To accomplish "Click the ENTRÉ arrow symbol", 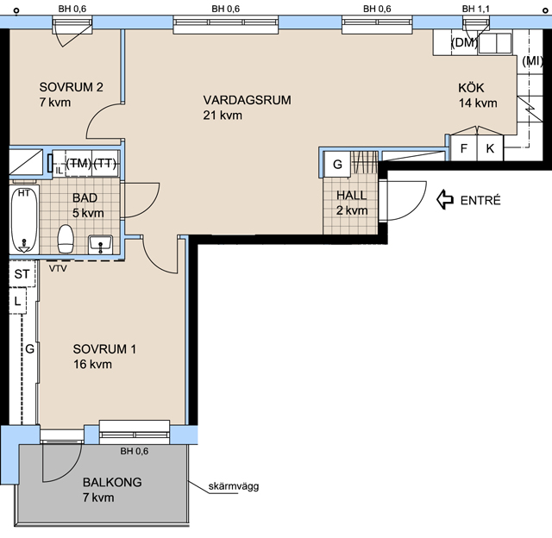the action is [445, 199].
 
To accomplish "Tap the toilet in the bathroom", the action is [66, 239].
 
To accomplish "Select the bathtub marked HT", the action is [24, 220].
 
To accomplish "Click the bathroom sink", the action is [101, 244].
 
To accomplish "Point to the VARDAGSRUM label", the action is [248, 100].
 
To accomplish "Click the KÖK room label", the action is [471, 87].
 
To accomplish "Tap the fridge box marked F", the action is [464, 148].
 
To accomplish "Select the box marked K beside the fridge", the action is [490, 148].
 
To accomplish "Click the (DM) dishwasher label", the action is [464, 42].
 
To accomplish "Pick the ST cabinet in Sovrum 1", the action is [22, 273].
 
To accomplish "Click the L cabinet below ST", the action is [17, 301].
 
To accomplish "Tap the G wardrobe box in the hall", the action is [337, 164].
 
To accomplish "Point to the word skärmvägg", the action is [234, 486].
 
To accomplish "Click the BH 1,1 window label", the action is [475, 9].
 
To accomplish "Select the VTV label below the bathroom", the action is [58, 268].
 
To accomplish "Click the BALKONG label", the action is [112, 482].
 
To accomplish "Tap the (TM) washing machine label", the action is [78, 163].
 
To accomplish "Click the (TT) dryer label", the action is [105, 163].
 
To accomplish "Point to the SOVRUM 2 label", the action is [71, 87].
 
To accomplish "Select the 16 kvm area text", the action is [92, 364].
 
